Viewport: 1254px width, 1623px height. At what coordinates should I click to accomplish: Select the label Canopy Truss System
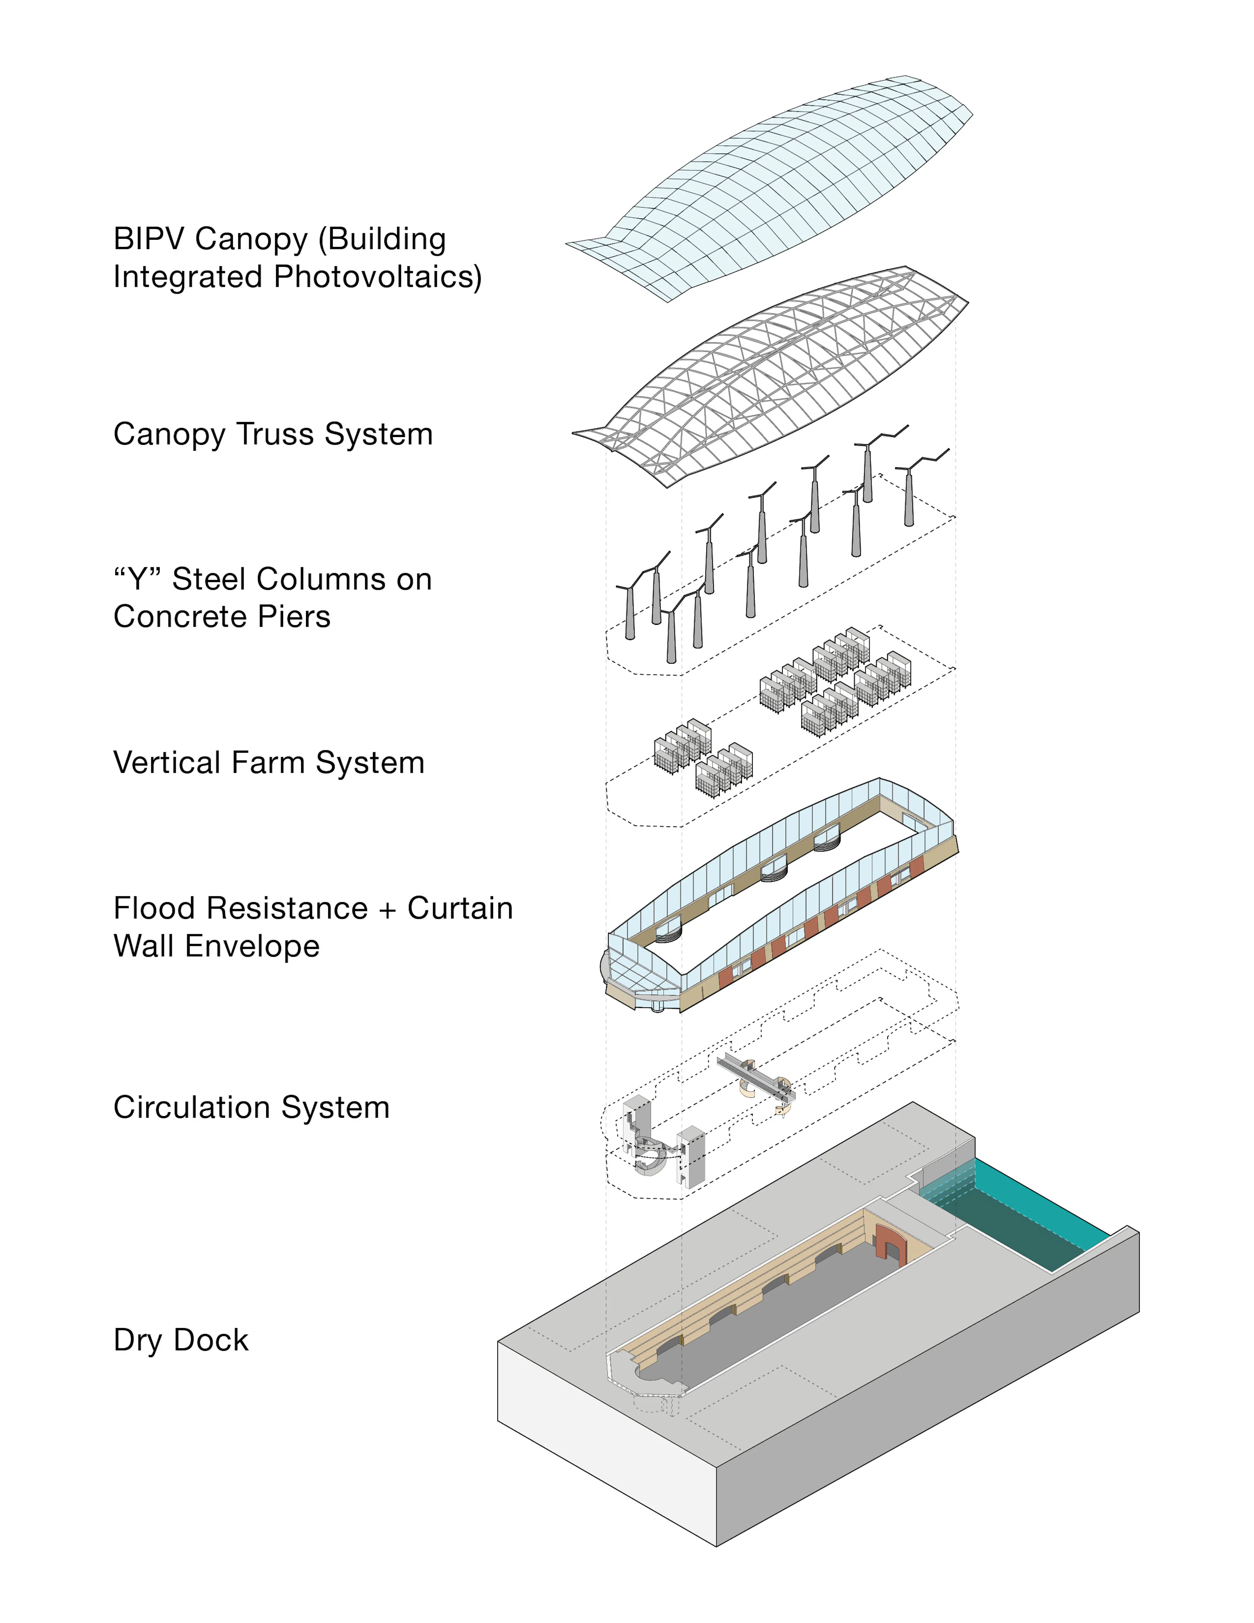click(x=273, y=434)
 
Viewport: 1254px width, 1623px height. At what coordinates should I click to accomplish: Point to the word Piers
click(x=296, y=617)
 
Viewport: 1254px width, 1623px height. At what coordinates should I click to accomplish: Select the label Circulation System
click(x=251, y=1107)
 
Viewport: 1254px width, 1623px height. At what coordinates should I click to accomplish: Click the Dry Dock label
click(x=181, y=1340)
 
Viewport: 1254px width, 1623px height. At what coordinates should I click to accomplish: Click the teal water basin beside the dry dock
click(x=1040, y=1219)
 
